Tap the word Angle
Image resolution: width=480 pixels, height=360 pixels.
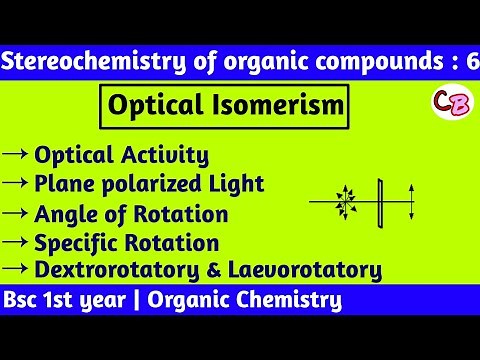[x=63, y=215]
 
